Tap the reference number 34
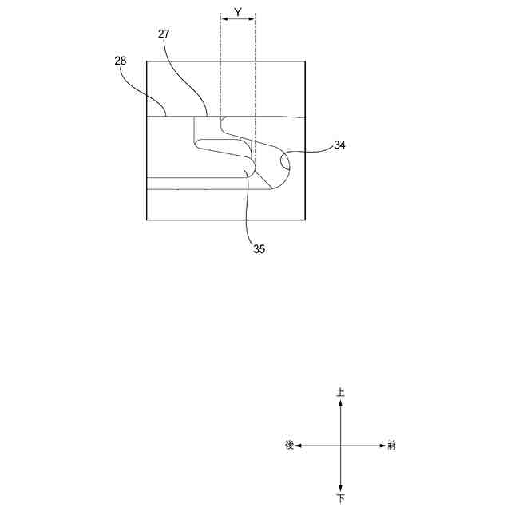[340, 146]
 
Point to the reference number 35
[259, 249]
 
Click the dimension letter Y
[238, 13]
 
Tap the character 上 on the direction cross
[341, 393]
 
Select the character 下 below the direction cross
[341, 497]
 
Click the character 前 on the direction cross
[391, 445]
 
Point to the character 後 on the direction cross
[289, 445]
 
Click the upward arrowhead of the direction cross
[341, 403]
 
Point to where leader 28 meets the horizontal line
[166, 117]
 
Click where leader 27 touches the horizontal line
[208, 117]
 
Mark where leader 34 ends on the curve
[283, 164]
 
